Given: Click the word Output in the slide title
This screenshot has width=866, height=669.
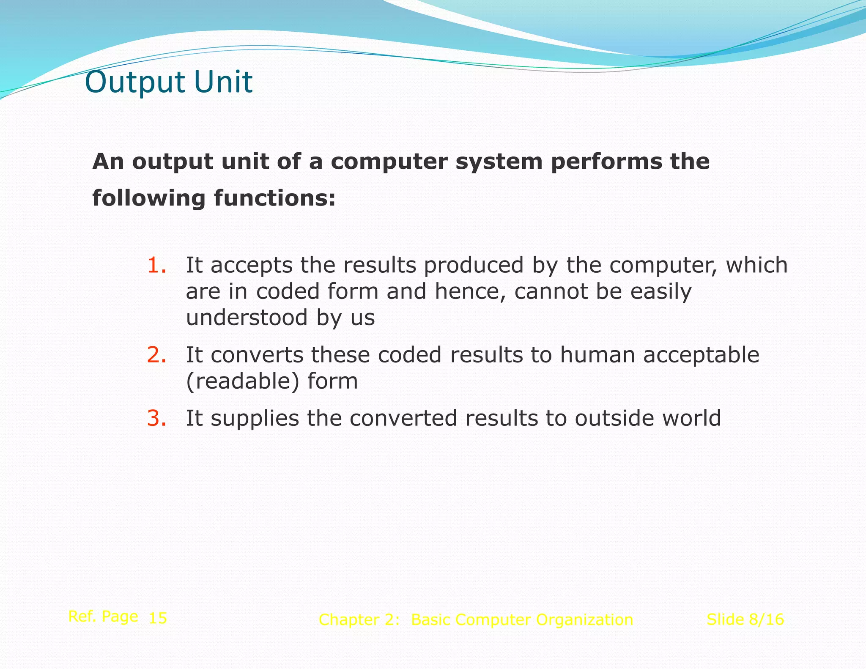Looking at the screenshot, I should (135, 82).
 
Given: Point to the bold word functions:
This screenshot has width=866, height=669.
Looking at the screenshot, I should (274, 198).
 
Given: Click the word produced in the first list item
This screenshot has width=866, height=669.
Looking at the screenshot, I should (474, 266).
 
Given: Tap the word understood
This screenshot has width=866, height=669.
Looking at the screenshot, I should (247, 318).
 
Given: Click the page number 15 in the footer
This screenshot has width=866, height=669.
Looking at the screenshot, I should (158, 618).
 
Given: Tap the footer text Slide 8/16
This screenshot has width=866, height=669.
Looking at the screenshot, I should (745, 620).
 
